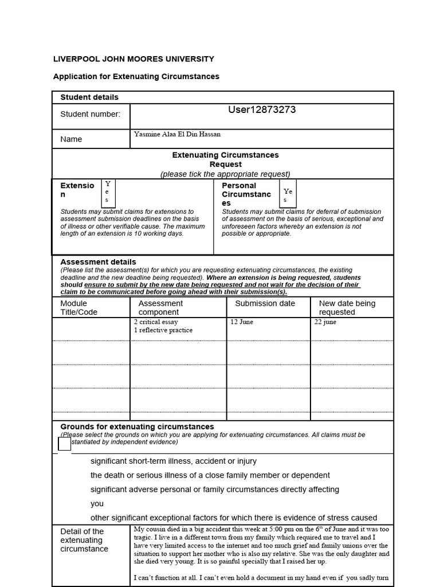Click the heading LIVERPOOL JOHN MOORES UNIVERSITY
tap(133, 58)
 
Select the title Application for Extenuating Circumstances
tap(136, 76)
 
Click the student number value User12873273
tap(262, 109)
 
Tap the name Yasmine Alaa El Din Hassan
tap(177, 134)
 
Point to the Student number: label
tap(91, 114)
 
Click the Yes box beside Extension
tap(108, 192)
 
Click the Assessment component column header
tap(159, 308)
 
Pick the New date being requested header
tap(347, 308)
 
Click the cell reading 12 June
tap(241, 322)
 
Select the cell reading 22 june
tap(325, 322)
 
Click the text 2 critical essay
tap(156, 322)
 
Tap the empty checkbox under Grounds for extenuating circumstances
tap(65, 444)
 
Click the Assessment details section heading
tap(98, 262)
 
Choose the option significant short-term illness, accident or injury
tap(174, 461)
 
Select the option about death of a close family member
tap(210, 475)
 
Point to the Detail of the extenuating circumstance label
tap(84, 540)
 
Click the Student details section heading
tap(89, 97)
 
